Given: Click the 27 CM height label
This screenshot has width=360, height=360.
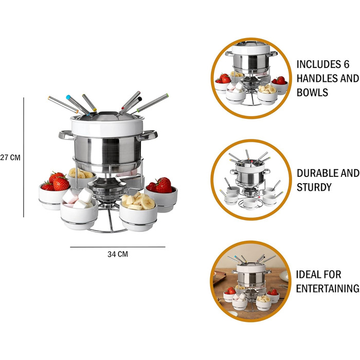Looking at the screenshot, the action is point(10,157).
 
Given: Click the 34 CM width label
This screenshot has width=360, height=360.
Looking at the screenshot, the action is point(118,254).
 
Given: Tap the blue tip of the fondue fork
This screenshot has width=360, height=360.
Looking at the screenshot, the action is point(68,97).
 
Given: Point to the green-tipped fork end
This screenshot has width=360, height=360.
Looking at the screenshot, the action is point(168,95).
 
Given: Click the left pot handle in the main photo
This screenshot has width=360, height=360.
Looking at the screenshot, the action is point(66,135).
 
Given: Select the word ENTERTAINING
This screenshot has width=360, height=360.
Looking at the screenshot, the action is point(328,289).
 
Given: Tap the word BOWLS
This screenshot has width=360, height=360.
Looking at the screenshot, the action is point(312,92).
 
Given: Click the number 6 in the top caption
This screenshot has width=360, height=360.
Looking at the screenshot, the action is point(347,64).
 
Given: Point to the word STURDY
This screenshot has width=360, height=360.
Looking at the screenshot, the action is point(314,187).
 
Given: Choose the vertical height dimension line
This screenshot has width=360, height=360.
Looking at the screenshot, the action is point(24,157).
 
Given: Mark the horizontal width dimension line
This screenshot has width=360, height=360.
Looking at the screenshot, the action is point(118,247).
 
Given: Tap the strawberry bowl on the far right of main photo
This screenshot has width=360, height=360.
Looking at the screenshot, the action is point(161,194).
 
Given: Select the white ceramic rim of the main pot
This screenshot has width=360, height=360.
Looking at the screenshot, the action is point(107,127).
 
